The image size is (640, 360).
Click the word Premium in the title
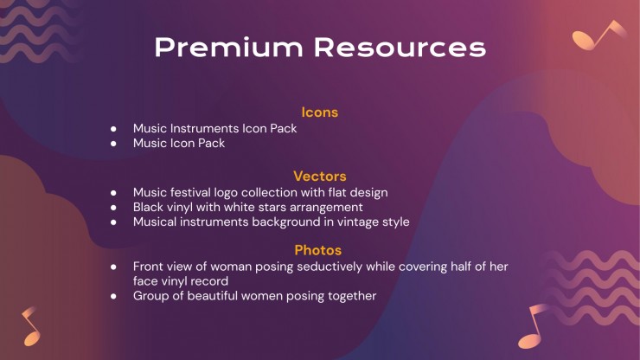coord(229,47)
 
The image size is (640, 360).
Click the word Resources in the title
coord(400,47)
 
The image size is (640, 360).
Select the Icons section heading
coord(320,112)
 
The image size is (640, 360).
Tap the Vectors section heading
coord(320,177)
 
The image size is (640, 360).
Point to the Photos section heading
coord(318,250)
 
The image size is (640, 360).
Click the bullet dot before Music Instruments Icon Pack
coord(113,129)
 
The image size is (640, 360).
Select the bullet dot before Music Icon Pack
coord(113,144)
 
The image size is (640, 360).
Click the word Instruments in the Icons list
coord(204,128)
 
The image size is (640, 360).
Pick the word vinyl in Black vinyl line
coord(180,207)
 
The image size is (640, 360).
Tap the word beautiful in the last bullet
coord(214,296)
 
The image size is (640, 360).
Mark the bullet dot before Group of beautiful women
coord(113,296)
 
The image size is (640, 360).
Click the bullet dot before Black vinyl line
coord(113,208)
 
